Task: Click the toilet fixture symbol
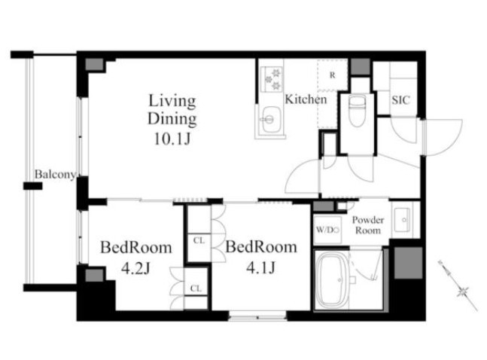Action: [358, 111]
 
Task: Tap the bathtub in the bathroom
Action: [333, 279]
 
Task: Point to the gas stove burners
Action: [272, 79]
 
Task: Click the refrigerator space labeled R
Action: [333, 75]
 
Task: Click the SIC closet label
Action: [400, 100]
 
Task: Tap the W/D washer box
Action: [327, 230]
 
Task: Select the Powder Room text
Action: [368, 225]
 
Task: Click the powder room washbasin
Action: [403, 220]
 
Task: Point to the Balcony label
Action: [55, 175]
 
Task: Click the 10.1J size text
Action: [172, 139]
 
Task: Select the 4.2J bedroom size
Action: [135, 268]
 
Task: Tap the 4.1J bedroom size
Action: [261, 267]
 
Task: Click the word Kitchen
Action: [306, 99]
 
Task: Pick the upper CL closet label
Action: [199, 240]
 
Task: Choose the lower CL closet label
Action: [196, 288]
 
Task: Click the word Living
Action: [172, 101]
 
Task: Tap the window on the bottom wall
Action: [257, 317]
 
